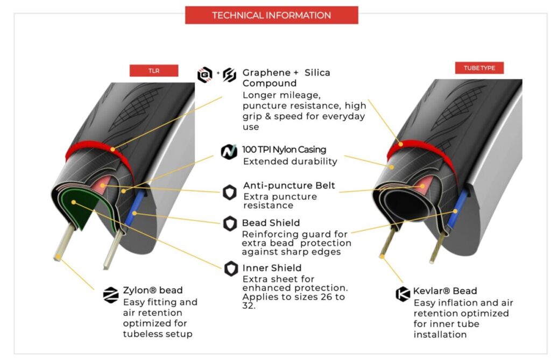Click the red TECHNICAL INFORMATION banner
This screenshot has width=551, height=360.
(x=271, y=15)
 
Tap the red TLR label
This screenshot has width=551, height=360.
(x=153, y=70)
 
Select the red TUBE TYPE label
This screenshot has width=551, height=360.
(x=479, y=68)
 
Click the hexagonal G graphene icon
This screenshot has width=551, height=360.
(x=205, y=75)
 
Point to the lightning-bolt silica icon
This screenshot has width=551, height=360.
(x=229, y=75)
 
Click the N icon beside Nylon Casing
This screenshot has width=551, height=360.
(x=229, y=152)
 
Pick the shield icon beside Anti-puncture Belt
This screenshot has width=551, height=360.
(x=230, y=192)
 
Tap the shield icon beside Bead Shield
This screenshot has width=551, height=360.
(x=230, y=224)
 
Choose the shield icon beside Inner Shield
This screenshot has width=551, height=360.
(x=231, y=269)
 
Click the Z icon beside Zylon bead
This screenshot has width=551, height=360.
(x=111, y=295)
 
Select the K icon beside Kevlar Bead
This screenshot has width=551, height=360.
(x=402, y=294)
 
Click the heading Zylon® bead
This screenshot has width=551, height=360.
(x=152, y=291)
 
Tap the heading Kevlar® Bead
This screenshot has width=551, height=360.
(x=445, y=291)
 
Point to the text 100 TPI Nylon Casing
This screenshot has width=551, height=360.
(x=284, y=150)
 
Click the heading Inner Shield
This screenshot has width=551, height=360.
(x=272, y=268)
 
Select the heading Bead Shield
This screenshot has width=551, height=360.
(x=271, y=223)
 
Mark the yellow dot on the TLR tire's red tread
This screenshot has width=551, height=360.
(x=112, y=150)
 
